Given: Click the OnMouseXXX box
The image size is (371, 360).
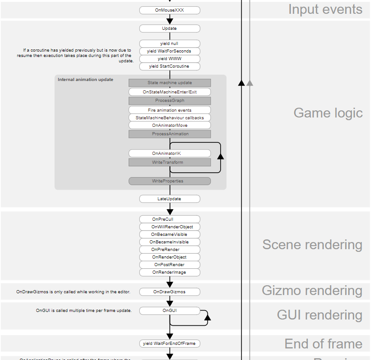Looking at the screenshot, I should (x=169, y=10).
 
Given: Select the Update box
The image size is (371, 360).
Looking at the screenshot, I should (x=169, y=28).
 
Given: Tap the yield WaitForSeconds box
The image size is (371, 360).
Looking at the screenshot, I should (x=169, y=51).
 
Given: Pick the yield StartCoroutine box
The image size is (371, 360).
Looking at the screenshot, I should (x=169, y=66).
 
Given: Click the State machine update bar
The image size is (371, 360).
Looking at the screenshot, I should (x=169, y=83).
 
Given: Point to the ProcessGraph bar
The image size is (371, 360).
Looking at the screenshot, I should (x=169, y=101).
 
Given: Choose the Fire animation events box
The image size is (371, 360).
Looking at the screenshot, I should (x=169, y=110).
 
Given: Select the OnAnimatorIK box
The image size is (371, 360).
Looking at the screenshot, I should (x=169, y=153).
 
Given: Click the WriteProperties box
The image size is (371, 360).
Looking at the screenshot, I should (x=169, y=181).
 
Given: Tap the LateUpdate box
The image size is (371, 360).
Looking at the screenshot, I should (x=169, y=198).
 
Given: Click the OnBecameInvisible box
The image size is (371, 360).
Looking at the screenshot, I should (x=169, y=242).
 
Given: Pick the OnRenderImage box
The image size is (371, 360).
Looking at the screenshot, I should (x=169, y=272).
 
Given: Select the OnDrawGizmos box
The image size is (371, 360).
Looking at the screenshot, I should (x=169, y=292).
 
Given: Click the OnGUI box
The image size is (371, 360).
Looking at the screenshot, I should (x=169, y=310).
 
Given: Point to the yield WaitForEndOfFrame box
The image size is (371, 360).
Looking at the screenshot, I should (x=169, y=344).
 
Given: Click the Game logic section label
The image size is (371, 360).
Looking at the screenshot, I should (x=328, y=113).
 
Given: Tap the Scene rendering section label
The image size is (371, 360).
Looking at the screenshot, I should (x=312, y=245).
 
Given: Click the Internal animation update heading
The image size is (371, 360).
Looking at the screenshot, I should (x=85, y=80).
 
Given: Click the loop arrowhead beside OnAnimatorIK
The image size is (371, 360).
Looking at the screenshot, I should (x=220, y=155).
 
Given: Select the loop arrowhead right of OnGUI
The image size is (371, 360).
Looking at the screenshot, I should (x=207, y=316).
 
